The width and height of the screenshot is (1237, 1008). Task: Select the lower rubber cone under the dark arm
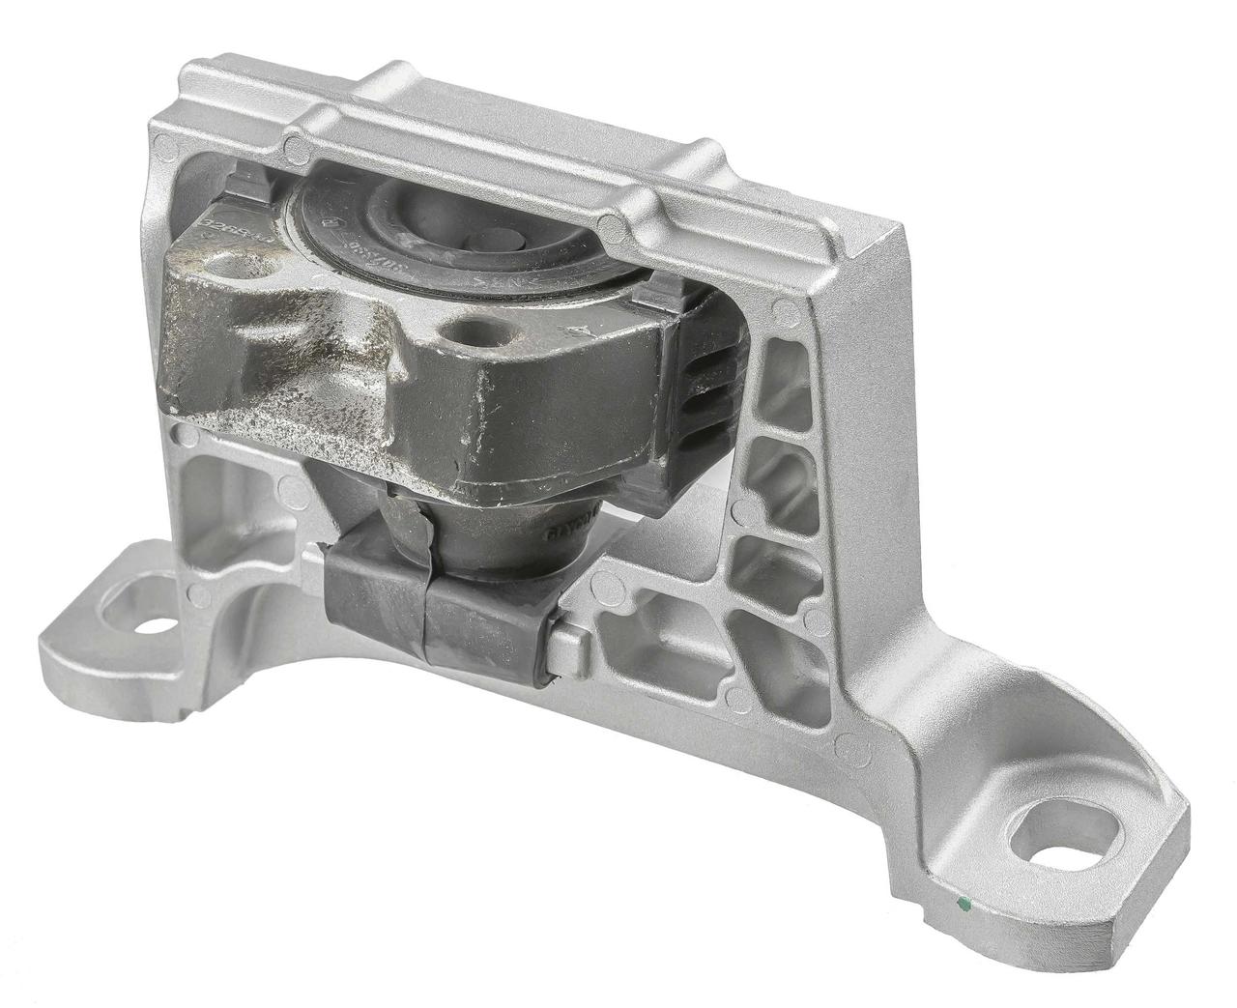click(483, 536)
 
